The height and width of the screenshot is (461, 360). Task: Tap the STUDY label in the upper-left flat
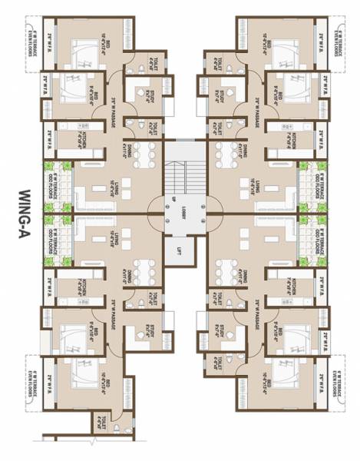[136, 95]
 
